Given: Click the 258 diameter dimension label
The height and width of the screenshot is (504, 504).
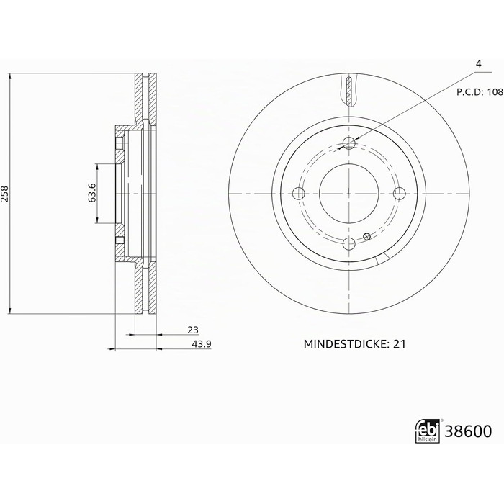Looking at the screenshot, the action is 4,194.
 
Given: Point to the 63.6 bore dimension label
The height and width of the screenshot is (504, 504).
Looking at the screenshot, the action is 92,193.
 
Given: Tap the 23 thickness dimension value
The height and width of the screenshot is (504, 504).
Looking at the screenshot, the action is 193,330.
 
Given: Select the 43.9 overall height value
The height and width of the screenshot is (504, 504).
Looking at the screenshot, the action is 202,344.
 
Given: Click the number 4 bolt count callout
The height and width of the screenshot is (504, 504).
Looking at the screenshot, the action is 479,64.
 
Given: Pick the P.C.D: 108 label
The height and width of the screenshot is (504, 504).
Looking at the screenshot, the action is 480,92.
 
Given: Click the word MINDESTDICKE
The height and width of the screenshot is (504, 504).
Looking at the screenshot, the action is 345,344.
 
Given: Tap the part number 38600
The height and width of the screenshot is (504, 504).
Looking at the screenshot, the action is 468,431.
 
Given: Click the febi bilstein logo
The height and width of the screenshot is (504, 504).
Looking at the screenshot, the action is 428,431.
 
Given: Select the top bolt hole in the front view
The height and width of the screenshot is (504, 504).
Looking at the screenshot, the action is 349,143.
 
